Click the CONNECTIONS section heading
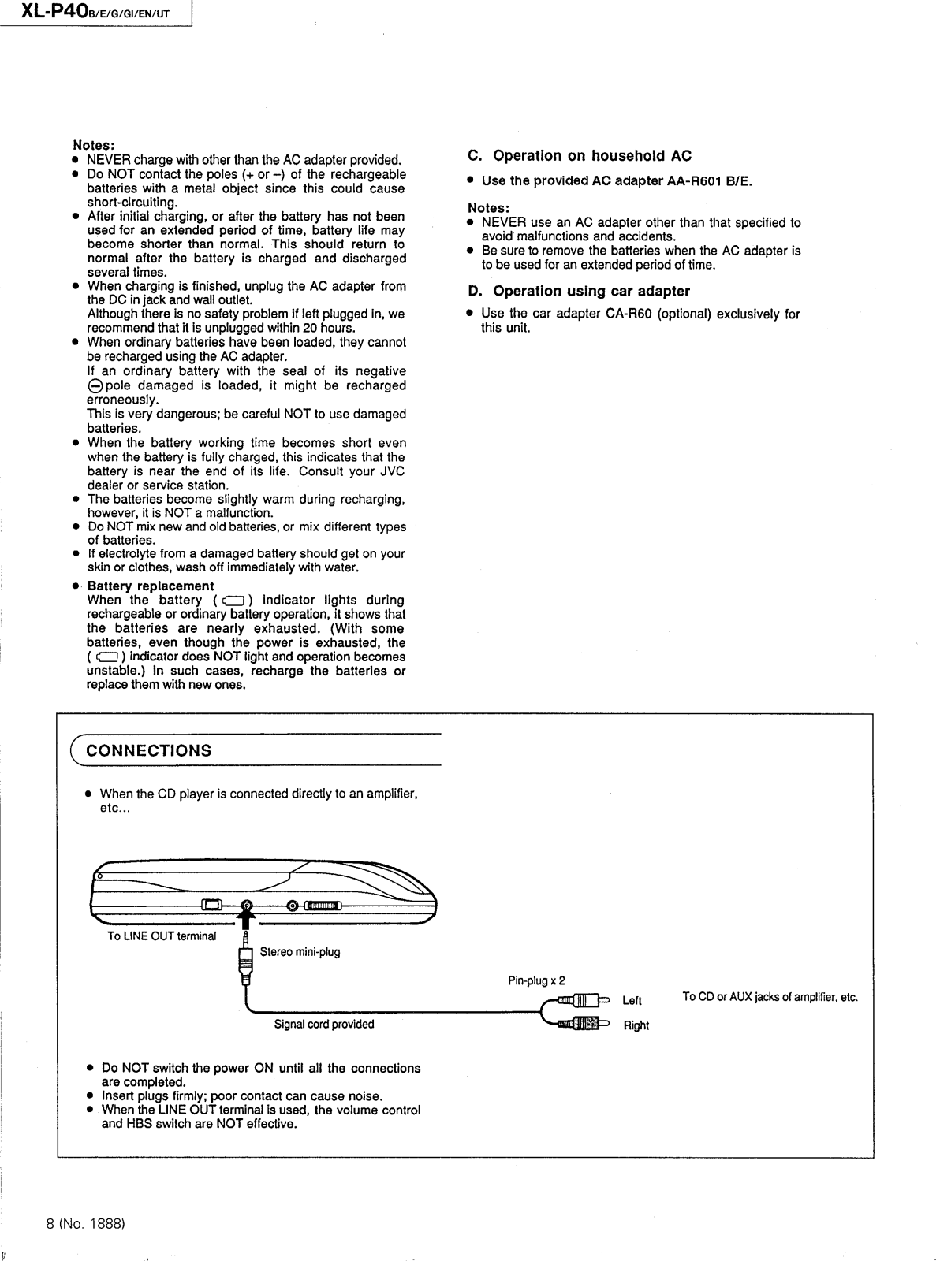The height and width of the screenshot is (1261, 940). (149, 750)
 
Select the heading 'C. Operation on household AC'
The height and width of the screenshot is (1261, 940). (580, 156)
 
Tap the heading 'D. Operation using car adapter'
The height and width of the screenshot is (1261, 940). (579, 291)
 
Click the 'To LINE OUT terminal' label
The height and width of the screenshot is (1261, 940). (162, 936)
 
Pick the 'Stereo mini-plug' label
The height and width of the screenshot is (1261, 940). (300, 952)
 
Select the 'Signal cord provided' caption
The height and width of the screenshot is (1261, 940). (324, 1025)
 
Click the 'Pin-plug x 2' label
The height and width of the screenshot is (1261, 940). (536, 981)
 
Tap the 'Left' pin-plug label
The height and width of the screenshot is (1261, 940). (632, 1001)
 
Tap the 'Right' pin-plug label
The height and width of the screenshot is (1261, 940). (636, 1025)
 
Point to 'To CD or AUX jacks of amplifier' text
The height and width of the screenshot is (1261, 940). (770, 997)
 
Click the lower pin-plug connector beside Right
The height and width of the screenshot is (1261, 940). (583, 1024)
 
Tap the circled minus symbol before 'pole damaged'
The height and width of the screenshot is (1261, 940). (94, 386)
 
